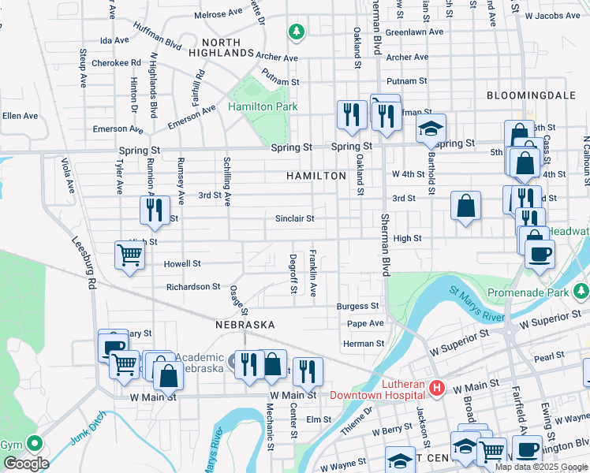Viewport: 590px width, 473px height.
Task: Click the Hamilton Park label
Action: click(x=257, y=106)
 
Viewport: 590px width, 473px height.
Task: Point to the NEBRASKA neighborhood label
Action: click(x=245, y=325)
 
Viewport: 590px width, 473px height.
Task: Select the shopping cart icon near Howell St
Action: click(x=129, y=255)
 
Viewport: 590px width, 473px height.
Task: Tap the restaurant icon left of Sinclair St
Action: click(x=155, y=210)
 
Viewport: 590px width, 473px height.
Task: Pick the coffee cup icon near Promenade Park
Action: click(x=540, y=254)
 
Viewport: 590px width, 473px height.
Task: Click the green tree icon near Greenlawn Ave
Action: click(x=297, y=32)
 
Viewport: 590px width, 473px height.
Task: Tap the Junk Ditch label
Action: click(x=87, y=428)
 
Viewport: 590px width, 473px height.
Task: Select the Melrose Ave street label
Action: click(x=218, y=14)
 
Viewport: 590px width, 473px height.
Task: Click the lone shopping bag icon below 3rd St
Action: click(x=466, y=206)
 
